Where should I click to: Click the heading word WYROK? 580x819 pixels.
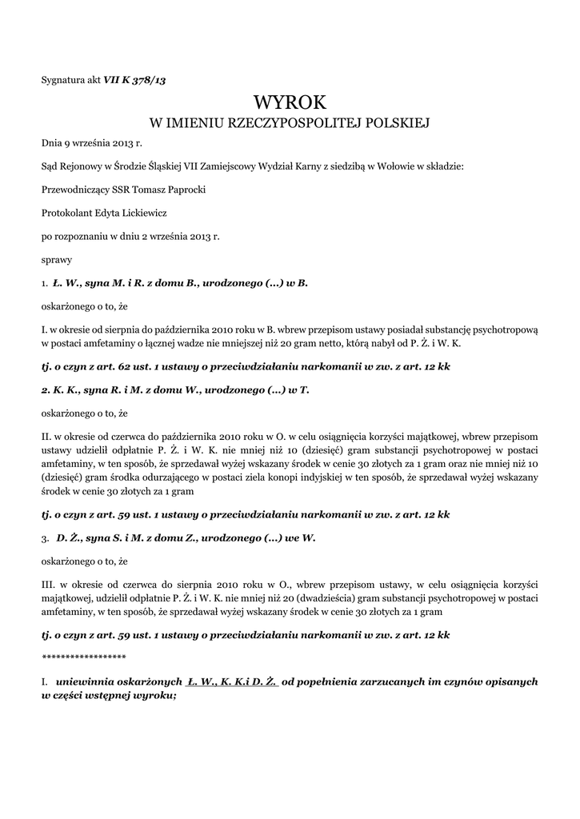[290, 102]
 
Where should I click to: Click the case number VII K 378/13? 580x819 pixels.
[134, 79]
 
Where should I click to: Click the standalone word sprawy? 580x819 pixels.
[57, 260]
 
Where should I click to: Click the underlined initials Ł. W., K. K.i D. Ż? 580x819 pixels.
[231, 682]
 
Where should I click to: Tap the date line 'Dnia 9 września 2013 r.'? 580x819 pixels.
[91, 144]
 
